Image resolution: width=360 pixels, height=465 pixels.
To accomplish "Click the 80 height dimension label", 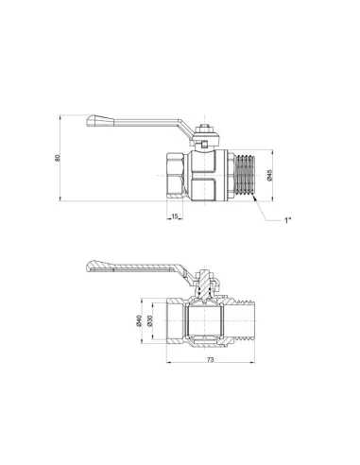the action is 58,158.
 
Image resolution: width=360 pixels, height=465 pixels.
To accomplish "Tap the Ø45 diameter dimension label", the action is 269,175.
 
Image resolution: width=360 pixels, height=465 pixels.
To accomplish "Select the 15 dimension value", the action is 175,216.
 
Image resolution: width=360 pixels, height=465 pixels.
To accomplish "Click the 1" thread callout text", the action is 287,220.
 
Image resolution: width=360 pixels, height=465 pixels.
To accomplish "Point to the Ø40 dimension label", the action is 140,320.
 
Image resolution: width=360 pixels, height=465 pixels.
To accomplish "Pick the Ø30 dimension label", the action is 150,320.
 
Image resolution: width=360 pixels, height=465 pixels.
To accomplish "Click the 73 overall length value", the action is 211,359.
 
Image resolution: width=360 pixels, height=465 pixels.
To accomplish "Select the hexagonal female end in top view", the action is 177,175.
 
